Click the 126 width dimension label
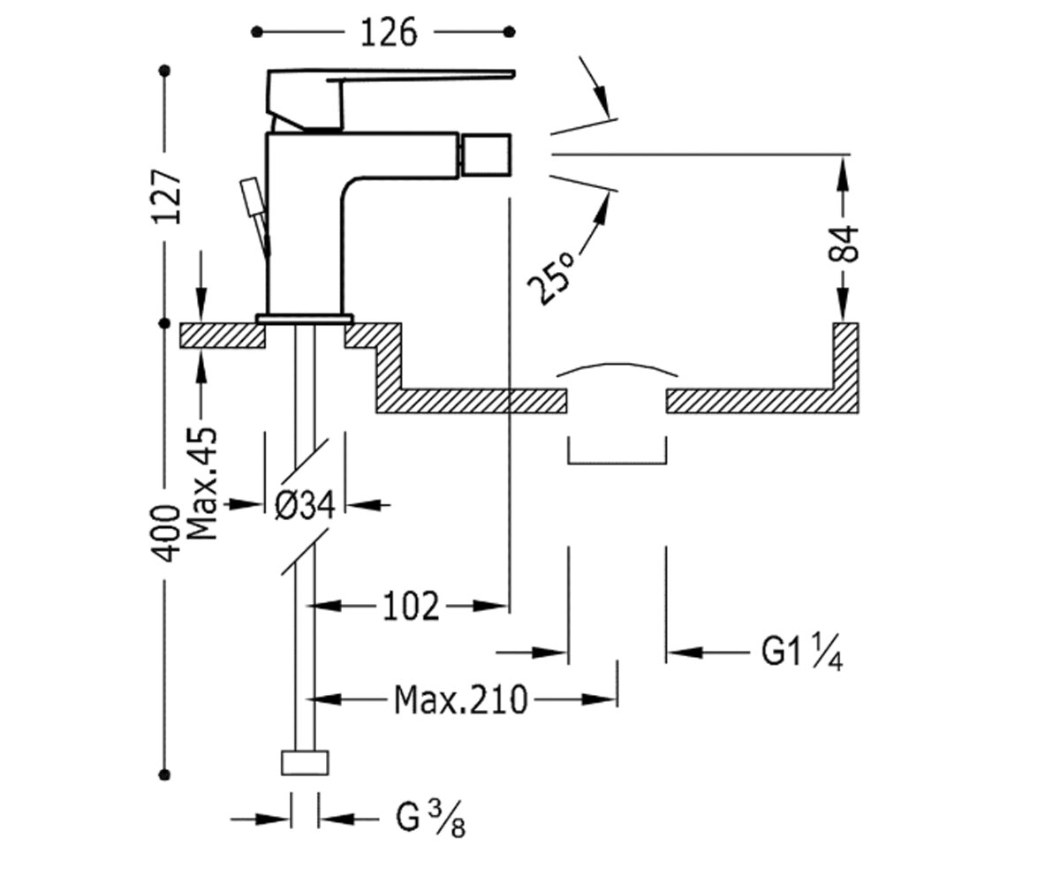coord(389,32)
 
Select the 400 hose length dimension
coord(167,532)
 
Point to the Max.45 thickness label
coord(202,485)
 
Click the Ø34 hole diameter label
coord(305,505)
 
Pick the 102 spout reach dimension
coord(410,606)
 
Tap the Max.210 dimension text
coord(461,700)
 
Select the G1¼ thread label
coord(801,653)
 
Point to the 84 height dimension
coord(844,244)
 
